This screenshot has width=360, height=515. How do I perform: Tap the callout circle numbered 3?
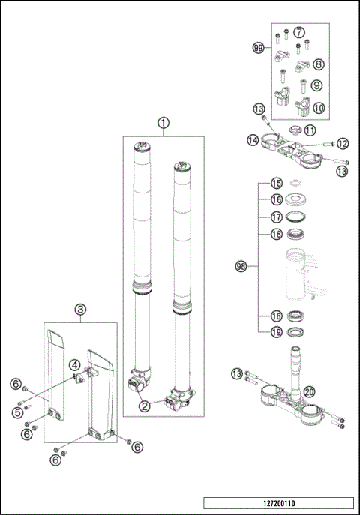(80, 309)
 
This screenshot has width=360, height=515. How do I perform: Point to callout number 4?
(75, 365)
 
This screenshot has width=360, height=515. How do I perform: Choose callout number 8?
(319, 64)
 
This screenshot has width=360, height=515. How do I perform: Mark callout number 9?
(319, 85)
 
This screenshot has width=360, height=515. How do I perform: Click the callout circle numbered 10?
(319, 107)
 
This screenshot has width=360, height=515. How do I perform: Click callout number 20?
(309, 391)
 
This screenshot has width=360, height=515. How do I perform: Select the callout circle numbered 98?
(241, 266)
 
